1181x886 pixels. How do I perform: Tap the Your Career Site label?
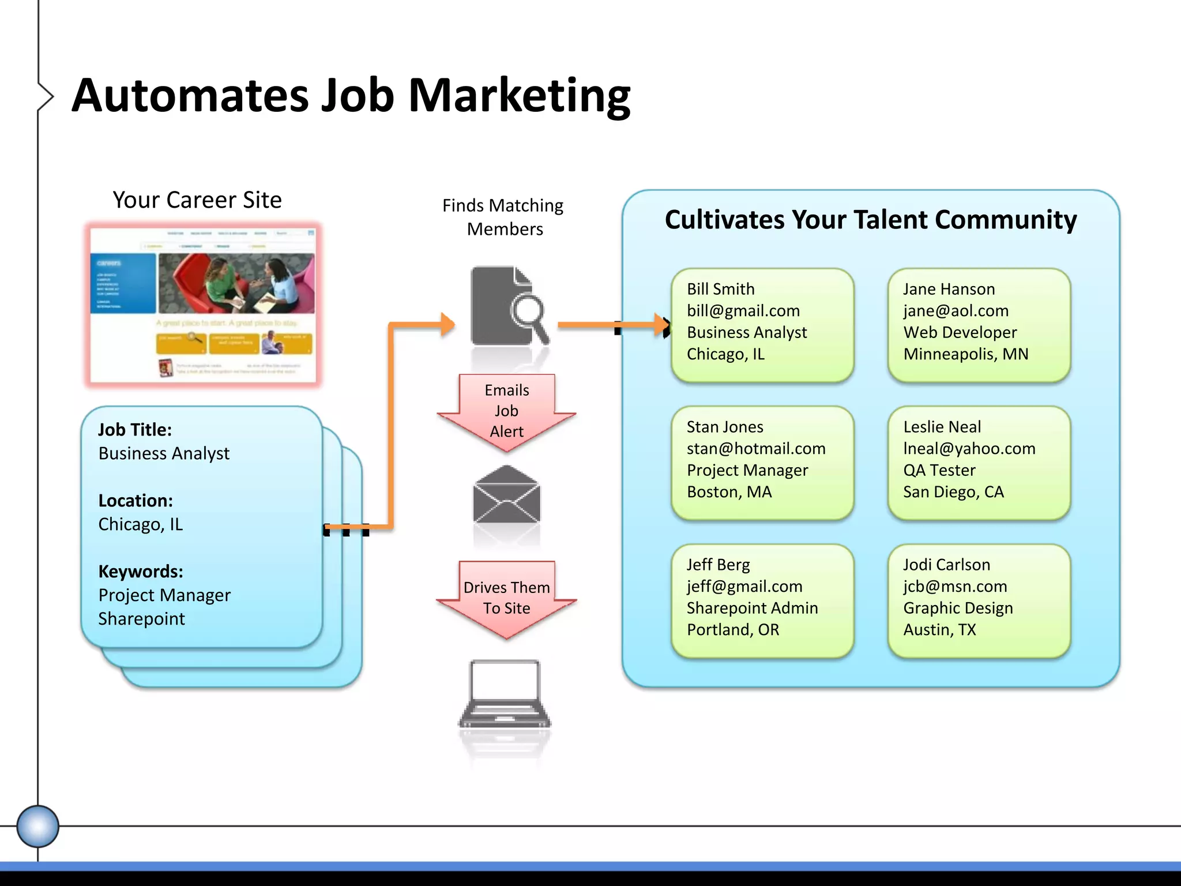[197, 200]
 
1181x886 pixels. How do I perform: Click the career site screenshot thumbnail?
[203, 304]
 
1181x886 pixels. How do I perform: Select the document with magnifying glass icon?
[507, 306]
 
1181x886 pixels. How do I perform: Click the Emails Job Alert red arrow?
[506, 411]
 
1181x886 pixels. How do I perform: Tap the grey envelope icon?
[506, 495]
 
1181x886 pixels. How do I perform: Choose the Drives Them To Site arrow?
[506, 598]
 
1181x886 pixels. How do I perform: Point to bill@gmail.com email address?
[743, 311]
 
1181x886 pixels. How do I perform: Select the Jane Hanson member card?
[979, 325]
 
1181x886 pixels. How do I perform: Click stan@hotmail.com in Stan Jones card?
[756, 449]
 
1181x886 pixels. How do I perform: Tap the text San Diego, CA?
[953, 492]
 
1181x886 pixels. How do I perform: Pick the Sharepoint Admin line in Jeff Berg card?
[752, 608]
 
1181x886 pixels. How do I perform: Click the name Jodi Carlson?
[946, 565]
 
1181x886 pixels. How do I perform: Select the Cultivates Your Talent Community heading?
[870, 220]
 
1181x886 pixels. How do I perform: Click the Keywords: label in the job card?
[141, 572]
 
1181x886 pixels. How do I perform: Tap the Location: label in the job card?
[136, 501]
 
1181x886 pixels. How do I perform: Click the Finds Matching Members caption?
[503, 217]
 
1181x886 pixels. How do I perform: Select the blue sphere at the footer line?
[37, 826]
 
